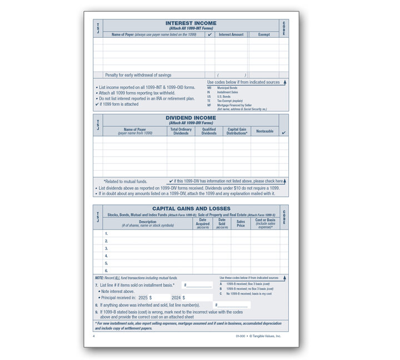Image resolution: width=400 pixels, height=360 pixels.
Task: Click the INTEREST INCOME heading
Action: tap(191, 23)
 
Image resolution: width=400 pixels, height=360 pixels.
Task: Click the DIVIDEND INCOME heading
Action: tap(191, 118)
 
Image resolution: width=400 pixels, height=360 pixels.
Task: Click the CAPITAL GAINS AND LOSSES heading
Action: tap(191, 209)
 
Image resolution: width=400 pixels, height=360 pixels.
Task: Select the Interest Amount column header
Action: tap(231, 34)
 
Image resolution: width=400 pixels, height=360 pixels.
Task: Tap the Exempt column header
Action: tap(264, 34)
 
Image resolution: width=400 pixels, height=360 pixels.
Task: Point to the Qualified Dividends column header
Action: tap(209, 131)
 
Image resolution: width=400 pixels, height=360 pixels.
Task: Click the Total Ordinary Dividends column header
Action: tap(181, 131)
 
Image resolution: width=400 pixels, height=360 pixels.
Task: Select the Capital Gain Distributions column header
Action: tap(237, 131)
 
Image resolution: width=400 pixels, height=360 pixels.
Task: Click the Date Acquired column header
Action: tap(202, 223)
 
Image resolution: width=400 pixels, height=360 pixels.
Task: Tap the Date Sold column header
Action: tap(222, 223)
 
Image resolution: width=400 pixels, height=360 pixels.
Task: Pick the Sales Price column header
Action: tap(241, 223)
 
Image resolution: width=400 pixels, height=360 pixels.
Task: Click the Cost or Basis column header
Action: tap(264, 223)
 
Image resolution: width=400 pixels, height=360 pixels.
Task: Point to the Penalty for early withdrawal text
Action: tap(138, 74)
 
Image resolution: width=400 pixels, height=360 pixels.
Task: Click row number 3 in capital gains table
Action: tap(106, 248)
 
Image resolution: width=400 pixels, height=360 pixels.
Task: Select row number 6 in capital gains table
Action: tap(106, 271)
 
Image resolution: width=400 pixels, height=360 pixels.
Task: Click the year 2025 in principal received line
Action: tap(143, 298)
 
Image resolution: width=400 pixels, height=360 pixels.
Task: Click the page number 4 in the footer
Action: tap(94, 336)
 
